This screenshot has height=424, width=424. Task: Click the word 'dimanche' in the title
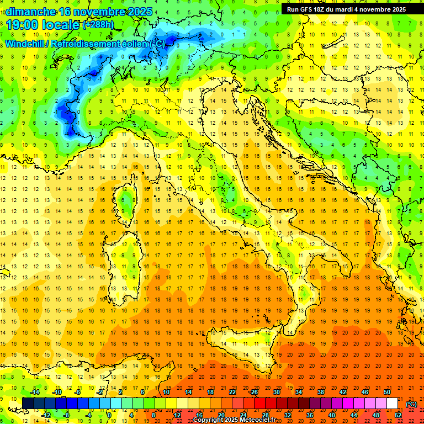tap(30, 11)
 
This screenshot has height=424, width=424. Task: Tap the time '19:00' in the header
tap(23, 25)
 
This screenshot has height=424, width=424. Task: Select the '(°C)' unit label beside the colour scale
tap(411, 404)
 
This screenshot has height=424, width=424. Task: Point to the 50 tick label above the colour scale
tap(387, 392)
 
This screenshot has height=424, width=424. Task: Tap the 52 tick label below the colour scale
tap(398, 415)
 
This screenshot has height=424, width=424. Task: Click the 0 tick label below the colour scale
tap(109, 415)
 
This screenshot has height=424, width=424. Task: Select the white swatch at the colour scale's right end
tap(392, 403)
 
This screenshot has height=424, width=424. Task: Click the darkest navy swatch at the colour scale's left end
tap(28, 403)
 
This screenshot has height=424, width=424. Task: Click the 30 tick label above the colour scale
tap(277, 392)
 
